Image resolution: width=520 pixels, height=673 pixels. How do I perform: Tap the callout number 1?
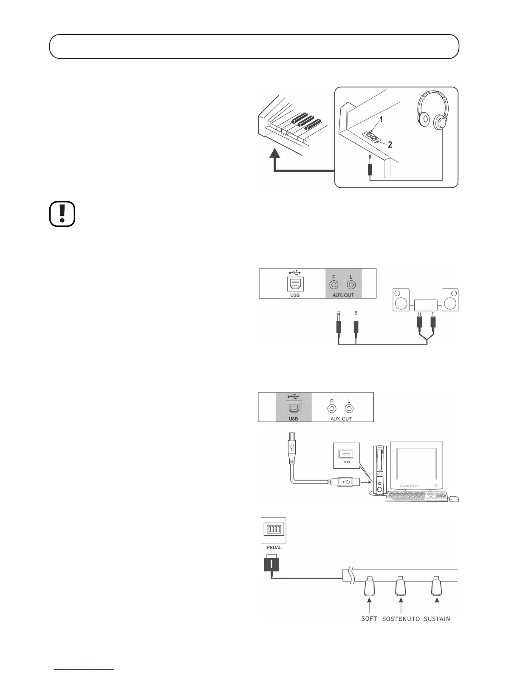click(x=382, y=120)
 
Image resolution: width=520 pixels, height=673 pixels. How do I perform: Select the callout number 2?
click(x=390, y=144)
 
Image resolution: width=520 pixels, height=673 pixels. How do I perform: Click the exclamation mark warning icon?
click(x=62, y=214)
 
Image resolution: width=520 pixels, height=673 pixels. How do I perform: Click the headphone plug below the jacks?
click(x=370, y=167)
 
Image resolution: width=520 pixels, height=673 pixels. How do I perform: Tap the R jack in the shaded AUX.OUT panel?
click(x=334, y=286)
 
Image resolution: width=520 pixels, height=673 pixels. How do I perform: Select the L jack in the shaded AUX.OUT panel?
click(x=351, y=286)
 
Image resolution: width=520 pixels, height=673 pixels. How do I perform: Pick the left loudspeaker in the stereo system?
click(x=401, y=300)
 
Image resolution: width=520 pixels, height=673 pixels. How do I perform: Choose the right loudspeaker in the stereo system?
click(x=450, y=300)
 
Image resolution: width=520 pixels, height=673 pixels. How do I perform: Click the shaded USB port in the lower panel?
click(x=293, y=407)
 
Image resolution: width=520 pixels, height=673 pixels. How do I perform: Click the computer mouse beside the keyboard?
click(x=454, y=498)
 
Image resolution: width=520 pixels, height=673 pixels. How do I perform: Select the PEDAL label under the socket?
click(x=274, y=547)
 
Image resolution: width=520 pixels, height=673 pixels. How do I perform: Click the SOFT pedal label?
click(x=369, y=619)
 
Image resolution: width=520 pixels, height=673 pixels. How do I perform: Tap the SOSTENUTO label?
click(x=401, y=619)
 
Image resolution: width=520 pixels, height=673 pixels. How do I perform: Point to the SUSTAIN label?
click(x=437, y=619)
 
